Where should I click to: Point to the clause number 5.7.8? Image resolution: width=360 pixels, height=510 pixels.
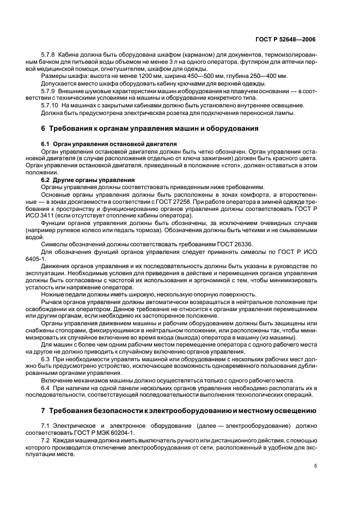(x=48, y=55)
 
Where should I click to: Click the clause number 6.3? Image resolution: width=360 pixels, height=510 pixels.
(x=46, y=360)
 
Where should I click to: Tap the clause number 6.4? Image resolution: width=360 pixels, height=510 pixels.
(x=46, y=386)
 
